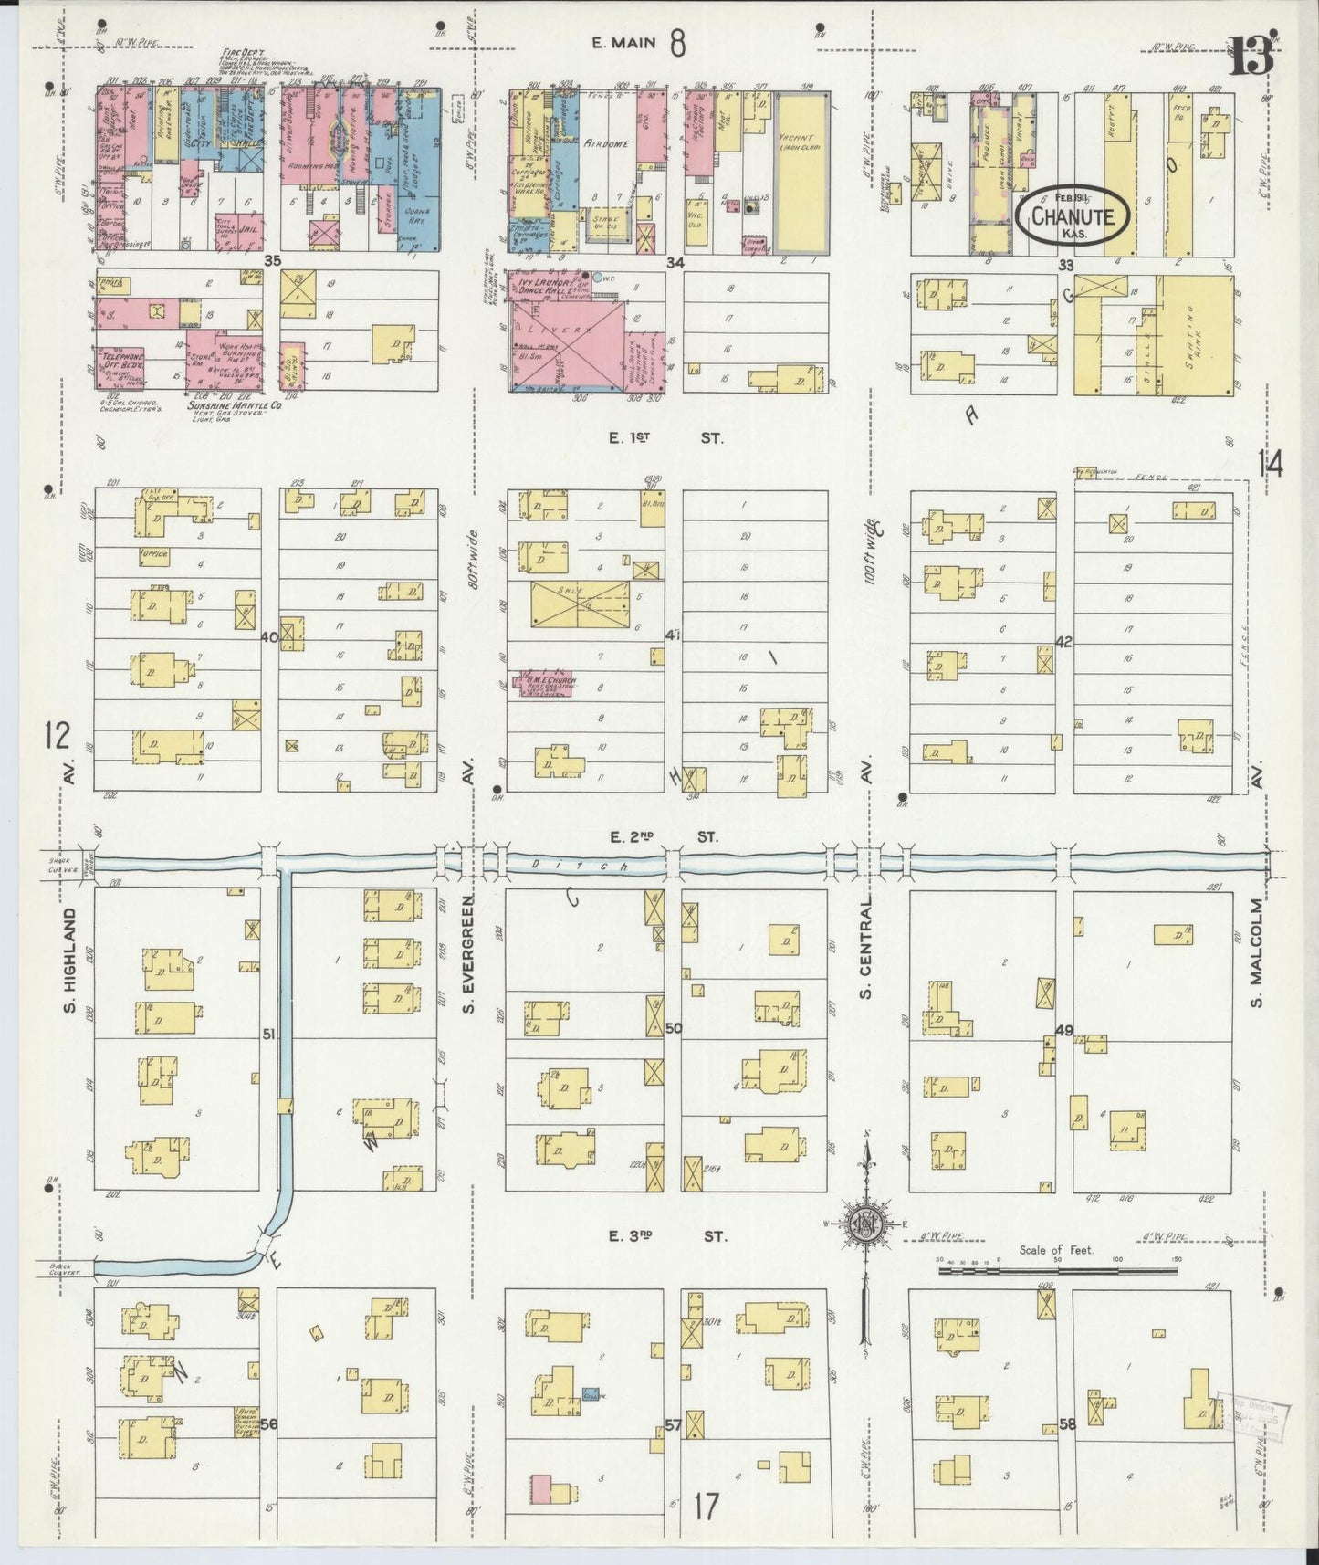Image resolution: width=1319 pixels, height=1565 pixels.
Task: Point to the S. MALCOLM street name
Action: (1258, 954)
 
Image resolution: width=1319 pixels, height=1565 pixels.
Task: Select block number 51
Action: (268, 1034)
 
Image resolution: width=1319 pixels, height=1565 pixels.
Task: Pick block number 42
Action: (1063, 642)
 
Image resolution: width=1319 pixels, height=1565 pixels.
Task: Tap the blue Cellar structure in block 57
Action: (591, 1396)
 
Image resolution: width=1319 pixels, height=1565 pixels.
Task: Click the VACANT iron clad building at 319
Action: (801, 173)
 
